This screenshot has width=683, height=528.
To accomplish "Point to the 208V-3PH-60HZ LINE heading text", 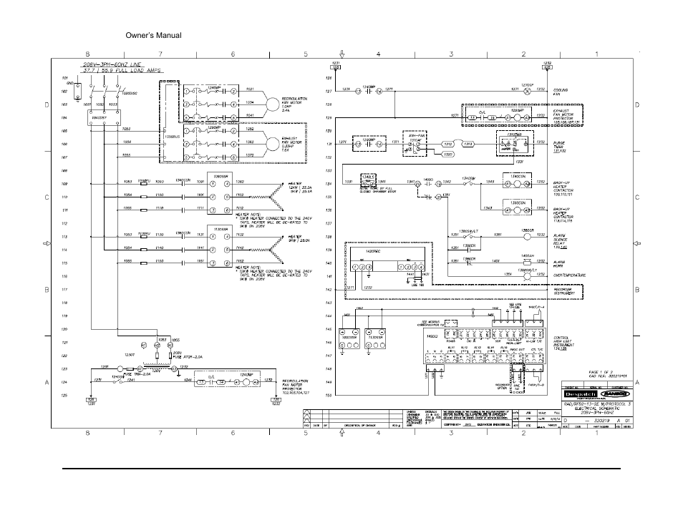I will point(112,64).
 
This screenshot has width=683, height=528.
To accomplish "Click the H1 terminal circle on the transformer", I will point(143,345).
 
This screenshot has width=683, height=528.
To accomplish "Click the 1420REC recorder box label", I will point(374,253).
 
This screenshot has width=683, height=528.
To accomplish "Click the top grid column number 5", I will point(305,54).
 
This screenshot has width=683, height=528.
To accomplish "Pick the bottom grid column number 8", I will point(88,433).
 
